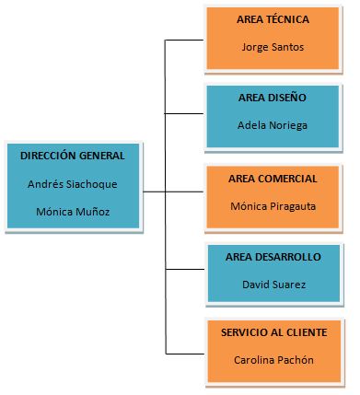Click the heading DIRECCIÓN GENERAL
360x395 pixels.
73,156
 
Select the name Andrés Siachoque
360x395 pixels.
73,183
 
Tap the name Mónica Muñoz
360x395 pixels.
73,211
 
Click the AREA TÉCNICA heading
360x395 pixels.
273,18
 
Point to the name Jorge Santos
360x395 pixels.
273,46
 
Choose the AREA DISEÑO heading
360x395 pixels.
272,97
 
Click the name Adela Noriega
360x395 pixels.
273,124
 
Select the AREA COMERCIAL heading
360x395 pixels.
273,179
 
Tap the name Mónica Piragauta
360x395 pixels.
273,206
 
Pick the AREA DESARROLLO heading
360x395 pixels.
273,257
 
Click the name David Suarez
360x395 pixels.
273,285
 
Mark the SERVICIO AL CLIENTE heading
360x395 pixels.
273,331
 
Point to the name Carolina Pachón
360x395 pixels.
273,360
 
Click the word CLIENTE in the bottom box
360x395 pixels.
305,331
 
